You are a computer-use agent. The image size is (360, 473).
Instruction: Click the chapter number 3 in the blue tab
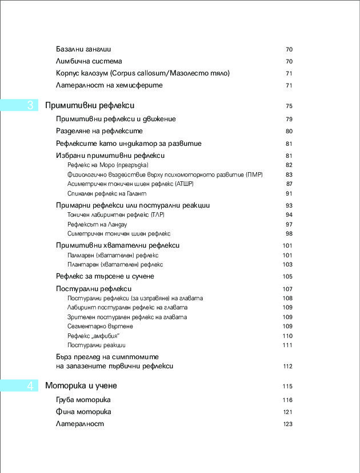click(x=30, y=106)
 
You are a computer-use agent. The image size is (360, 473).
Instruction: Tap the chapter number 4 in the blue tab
click(x=30, y=386)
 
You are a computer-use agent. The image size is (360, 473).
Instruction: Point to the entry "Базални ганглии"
click(x=83, y=49)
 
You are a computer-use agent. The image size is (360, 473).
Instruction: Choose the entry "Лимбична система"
click(x=89, y=61)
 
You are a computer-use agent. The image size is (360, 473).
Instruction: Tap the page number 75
click(x=289, y=106)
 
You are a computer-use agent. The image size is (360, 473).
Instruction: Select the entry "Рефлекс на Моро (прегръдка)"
click(x=107, y=165)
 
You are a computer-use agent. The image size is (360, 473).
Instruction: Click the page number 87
click(x=289, y=184)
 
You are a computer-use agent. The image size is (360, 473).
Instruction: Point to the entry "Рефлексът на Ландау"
click(x=97, y=225)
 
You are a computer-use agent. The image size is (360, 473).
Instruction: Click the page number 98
click(x=289, y=234)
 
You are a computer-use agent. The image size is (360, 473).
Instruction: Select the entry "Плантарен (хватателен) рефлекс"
click(x=115, y=265)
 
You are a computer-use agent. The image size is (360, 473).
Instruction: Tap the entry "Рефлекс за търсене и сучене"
click(x=105, y=276)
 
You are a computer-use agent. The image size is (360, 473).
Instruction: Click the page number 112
click(x=287, y=366)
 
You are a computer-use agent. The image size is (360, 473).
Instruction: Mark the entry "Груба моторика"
click(x=83, y=400)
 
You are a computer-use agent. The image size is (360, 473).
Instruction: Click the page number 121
click(x=287, y=412)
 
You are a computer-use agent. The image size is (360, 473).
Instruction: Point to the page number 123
click(x=287, y=424)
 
